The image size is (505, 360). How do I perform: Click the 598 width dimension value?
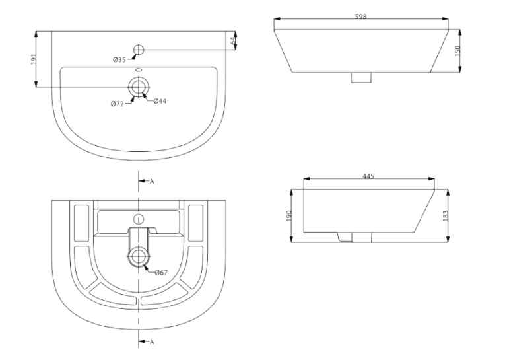tap(360, 17)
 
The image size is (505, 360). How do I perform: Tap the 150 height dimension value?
tap(457, 51)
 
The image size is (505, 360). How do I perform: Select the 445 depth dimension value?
tap(368, 176)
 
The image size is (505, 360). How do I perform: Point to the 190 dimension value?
tap(288, 215)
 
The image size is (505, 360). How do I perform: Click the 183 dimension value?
tap(446, 215)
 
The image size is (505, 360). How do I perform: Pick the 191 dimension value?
tap(34, 59)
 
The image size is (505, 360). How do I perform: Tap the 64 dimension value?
tap(233, 40)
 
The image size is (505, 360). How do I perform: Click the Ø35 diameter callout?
tap(119, 60)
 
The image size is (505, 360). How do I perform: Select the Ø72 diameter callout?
tap(118, 104)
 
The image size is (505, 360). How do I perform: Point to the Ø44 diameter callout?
tap(160, 102)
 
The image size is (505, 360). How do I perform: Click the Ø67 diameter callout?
tap(161, 273)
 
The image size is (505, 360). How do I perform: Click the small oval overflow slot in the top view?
tap(139, 69)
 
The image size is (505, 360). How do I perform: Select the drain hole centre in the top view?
tap(139, 87)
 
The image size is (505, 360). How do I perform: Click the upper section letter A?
tap(152, 182)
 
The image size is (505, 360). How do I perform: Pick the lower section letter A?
tap(152, 342)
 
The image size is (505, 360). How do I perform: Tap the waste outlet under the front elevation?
tap(361, 78)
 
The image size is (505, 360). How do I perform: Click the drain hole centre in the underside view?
tap(139, 256)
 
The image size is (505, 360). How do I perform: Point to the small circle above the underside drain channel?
tap(139, 219)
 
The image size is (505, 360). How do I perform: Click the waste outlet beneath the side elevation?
tap(354, 237)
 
